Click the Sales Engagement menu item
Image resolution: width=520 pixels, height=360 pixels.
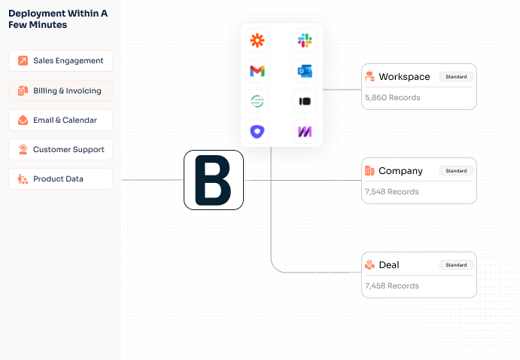pyautogui.click(x=61, y=61)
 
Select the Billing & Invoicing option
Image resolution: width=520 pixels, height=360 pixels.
pyautogui.click(x=61, y=91)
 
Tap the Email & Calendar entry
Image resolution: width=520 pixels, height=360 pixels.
pyautogui.click(x=61, y=121)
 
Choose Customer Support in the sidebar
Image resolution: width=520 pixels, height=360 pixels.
pyautogui.click(x=61, y=150)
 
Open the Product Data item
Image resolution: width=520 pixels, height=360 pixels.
pyautogui.click(x=61, y=179)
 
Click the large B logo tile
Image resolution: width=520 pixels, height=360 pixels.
pyautogui.click(x=214, y=180)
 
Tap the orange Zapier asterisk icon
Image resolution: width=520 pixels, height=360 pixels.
pyautogui.click(x=257, y=41)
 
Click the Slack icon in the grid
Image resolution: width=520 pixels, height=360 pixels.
pyautogui.click(x=305, y=41)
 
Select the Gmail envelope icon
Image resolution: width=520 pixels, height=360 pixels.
pyautogui.click(x=257, y=71)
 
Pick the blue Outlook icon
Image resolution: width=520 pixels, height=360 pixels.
pyautogui.click(x=305, y=71)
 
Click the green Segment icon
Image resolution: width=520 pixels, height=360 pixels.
pyautogui.click(x=257, y=101)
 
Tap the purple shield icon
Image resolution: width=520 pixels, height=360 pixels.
pyautogui.click(x=257, y=131)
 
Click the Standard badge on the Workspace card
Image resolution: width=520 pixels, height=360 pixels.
pyautogui.click(x=456, y=77)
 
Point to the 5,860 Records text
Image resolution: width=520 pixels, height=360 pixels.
pyautogui.click(x=392, y=98)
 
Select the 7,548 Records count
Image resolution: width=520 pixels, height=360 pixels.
pyautogui.click(x=392, y=192)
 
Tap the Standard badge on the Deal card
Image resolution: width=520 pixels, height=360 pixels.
pyautogui.click(x=456, y=265)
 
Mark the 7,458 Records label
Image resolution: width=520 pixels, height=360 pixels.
pyautogui.click(x=392, y=286)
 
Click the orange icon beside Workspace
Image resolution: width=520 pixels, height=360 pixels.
pyautogui.click(x=369, y=77)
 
